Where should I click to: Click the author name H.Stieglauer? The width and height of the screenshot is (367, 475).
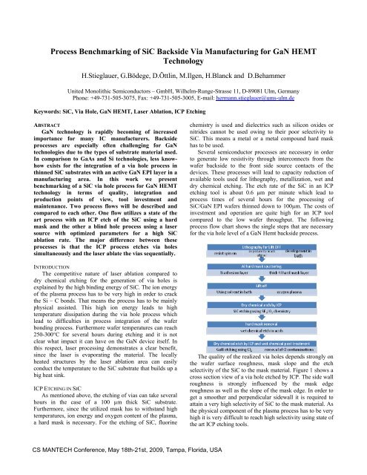pos(105,75)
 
